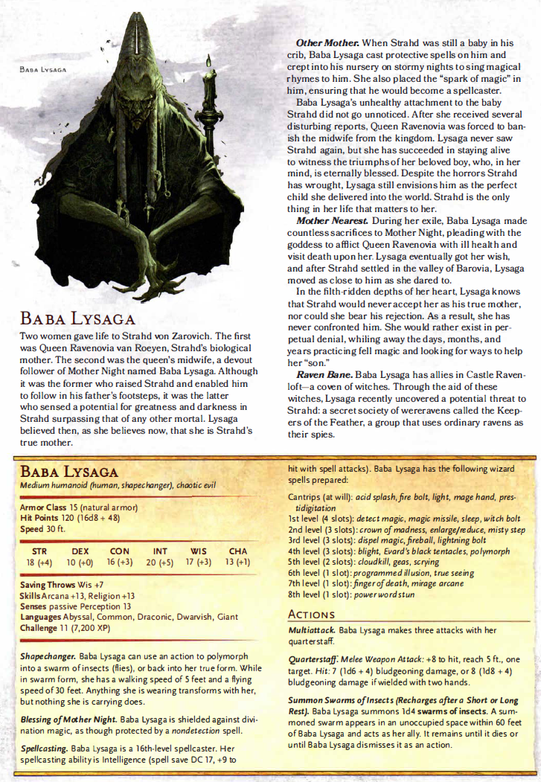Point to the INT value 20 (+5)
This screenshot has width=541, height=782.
(160, 563)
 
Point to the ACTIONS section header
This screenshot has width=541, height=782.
(311, 615)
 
